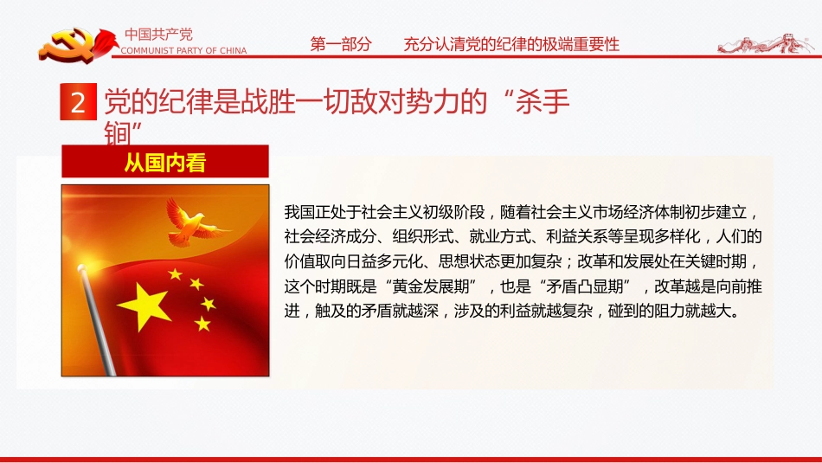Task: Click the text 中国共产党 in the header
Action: click(x=158, y=35)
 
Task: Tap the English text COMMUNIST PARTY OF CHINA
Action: click(x=185, y=51)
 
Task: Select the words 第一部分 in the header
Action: click(x=340, y=45)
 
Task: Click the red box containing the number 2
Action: click(x=78, y=104)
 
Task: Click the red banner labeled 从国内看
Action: click(x=165, y=164)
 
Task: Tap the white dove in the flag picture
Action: click(x=194, y=222)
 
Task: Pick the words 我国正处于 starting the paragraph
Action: click(x=320, y=212)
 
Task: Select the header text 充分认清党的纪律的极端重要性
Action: click(x=511, y=45)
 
